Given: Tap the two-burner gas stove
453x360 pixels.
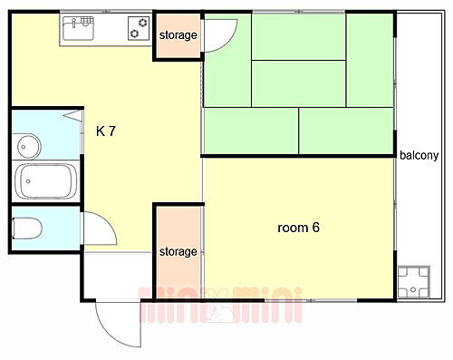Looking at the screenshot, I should (x=139, y=30).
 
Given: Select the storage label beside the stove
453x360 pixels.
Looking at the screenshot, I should (x=178, y=35).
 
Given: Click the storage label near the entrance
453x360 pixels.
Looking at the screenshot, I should (x=178, y=251).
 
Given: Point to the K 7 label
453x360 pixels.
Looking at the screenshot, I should (x=106, y=131).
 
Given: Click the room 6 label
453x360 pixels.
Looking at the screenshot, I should (x=298, y=228).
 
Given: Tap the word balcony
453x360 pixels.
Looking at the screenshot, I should (x=419, y=155).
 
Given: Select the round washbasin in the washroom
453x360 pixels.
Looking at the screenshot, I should (x=26, y=145).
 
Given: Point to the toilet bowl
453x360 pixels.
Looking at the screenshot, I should (x=27, y=228).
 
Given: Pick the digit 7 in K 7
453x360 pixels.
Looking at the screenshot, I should (x=112, y=131).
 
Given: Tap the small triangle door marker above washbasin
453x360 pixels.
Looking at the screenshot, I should (x=69, y=116).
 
